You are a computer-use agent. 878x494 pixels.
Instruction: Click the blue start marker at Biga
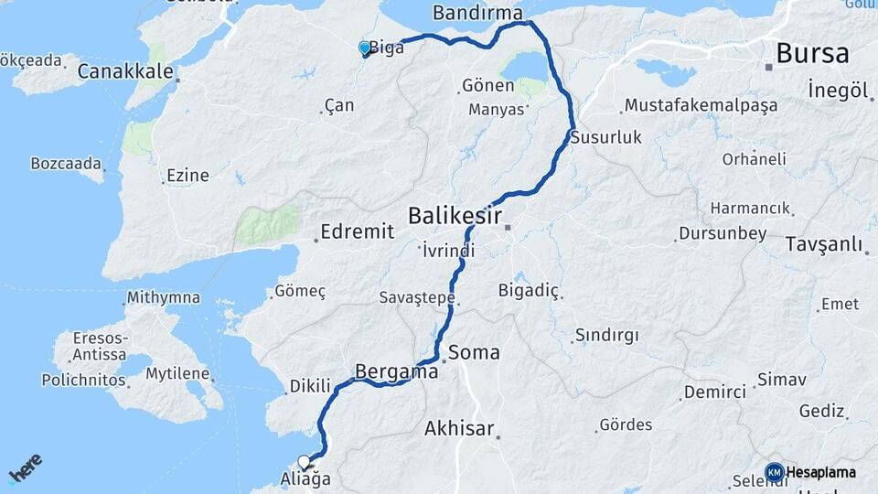(x=365, y=48)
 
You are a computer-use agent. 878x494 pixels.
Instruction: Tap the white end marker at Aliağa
(x=305, y=462)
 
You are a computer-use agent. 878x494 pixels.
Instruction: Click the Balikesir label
(x=455, y=217)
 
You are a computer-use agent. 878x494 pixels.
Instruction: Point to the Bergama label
(x=396, y=373)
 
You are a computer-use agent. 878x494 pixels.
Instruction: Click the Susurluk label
(x=605, y=138)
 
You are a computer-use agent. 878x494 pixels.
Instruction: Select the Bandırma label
(x=476, y=13)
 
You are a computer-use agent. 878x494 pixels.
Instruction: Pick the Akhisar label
(x=459, y=428)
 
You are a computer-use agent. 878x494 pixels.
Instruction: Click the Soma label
(x=474, y=351)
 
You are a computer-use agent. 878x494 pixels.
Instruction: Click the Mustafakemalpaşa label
(x=701, y=105)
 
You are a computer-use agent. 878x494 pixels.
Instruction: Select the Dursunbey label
(x=723, y=233)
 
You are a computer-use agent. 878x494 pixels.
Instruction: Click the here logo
(x=26, y=470)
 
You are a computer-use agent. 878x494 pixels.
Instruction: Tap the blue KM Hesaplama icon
(x=775, y=472)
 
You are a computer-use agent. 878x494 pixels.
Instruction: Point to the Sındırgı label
(x=607, y=335)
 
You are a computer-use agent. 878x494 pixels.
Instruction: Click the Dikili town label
(x=309, y=387)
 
